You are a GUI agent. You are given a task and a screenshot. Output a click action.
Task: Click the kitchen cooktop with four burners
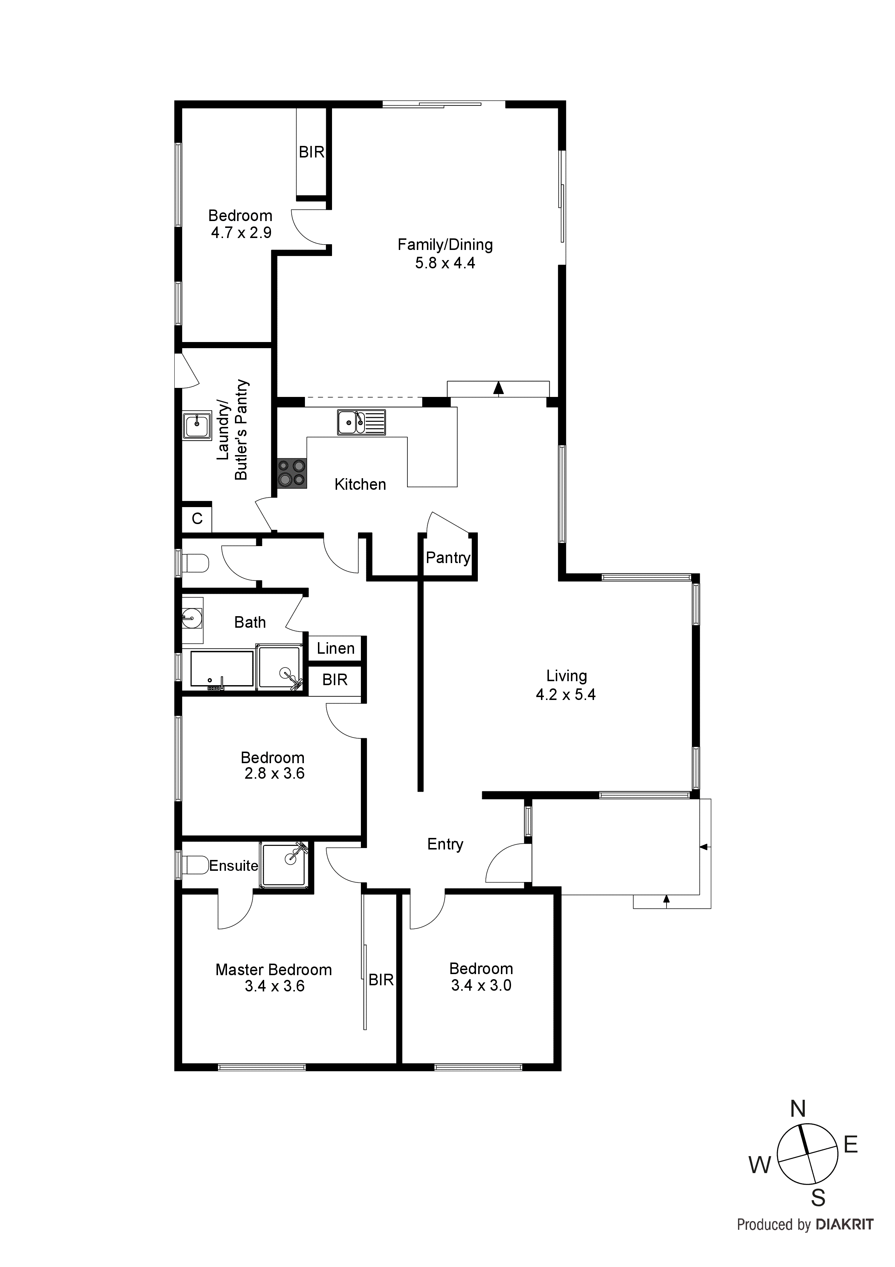(x=292, y=473)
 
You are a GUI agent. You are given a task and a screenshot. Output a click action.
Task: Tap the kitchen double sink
(x=361, y=423)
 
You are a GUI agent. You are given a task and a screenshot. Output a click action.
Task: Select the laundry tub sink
(x=197, y=425)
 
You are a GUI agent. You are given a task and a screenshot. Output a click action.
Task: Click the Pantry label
(x=448, y=558)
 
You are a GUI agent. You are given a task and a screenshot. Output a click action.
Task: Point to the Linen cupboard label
(x=335, y=648)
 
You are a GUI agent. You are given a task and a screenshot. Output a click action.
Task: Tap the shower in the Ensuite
(x=284, y=865)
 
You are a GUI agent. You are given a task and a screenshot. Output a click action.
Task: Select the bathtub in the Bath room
(x=222, y=669)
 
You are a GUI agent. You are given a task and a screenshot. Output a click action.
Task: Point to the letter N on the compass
(x=798, y=1109)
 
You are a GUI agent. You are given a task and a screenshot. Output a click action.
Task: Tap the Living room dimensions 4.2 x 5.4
(x=566, y=695)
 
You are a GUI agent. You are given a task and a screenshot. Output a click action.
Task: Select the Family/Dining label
(x=445, y=245)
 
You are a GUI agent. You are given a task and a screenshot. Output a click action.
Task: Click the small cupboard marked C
(x=197, y=518)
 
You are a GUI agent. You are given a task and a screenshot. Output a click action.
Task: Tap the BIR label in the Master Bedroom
(x=381, y=980)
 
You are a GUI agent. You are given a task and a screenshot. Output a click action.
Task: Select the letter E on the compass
(x=850, y=1145)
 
